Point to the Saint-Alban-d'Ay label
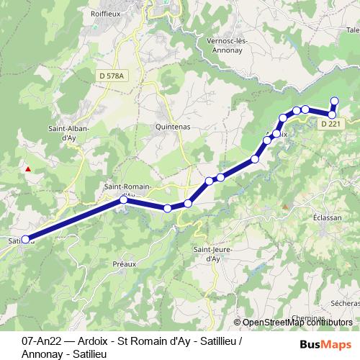(x=68, y=132)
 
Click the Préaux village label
(x=125, y=264)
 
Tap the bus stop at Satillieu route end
(x=26, y=239)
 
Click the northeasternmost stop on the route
(x=334, y=101)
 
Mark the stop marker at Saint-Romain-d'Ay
(x=123, y=201)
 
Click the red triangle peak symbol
(x=28, y=170)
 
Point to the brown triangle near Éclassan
(x=285, y=207)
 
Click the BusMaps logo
(x=325, y=343)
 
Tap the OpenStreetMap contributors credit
(x=297, y=323)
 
